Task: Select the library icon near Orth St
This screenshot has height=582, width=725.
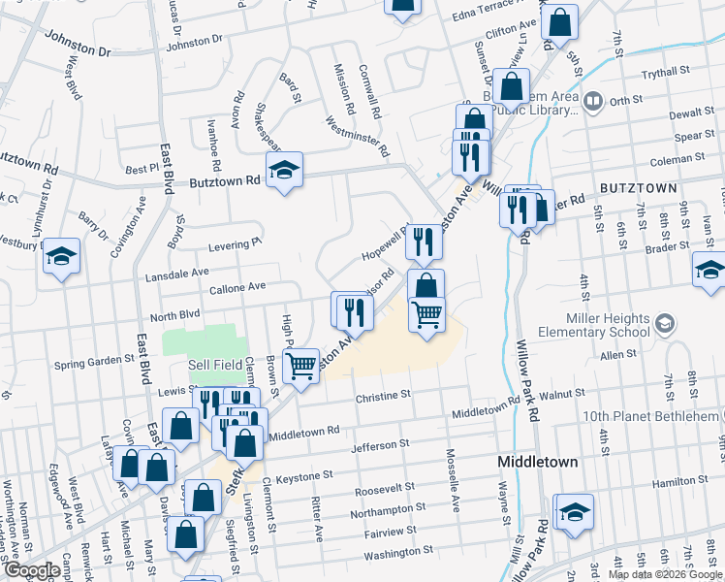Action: (x=592, y=100)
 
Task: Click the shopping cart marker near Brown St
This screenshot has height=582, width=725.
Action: (x=300, y=366)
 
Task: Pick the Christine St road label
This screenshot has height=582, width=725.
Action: (x=384, y=396)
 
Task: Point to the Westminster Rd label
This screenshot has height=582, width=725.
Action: (x=358, y=137)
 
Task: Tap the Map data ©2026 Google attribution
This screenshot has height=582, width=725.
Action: (x=665, y=574)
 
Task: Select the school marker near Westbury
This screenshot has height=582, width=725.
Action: (x=61, y=256)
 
